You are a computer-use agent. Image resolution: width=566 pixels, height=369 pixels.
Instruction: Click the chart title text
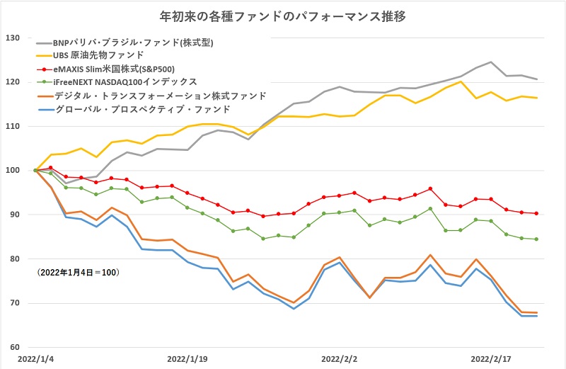click(x=283, y=15)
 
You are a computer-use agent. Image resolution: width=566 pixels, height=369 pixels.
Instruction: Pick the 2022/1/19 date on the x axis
click(x=187, y=359)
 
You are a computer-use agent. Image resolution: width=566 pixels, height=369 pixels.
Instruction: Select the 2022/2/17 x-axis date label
click(x=490, y=359)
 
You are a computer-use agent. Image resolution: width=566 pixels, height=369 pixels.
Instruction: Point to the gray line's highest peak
click(x=490, y=62)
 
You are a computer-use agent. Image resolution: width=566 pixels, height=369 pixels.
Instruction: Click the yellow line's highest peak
click(x=461, y=81)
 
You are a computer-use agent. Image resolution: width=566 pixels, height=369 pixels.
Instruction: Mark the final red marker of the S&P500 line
click(x=536, y=213)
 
